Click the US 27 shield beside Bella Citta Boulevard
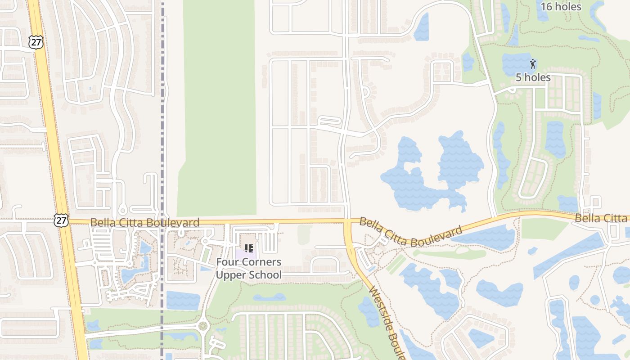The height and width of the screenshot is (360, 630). (x=61, y=220)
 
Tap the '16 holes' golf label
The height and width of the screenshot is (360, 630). (x=561, y=6)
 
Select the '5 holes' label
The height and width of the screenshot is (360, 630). (x=533, y=77)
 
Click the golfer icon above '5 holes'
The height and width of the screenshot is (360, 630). (x=533, y=64)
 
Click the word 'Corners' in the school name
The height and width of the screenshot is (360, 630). (x=262, y=262)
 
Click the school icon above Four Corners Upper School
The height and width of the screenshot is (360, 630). (x=249, y=248)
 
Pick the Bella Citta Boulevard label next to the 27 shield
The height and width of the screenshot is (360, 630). (x=144, y=222)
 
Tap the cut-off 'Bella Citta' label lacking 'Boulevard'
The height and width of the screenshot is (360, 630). (x=601, y=218)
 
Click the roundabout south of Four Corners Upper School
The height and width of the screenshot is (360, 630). (x=203, y=325)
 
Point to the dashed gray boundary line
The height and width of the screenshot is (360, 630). (x=162, y=135)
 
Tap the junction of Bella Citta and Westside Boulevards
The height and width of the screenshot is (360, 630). (x=347, y=221)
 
